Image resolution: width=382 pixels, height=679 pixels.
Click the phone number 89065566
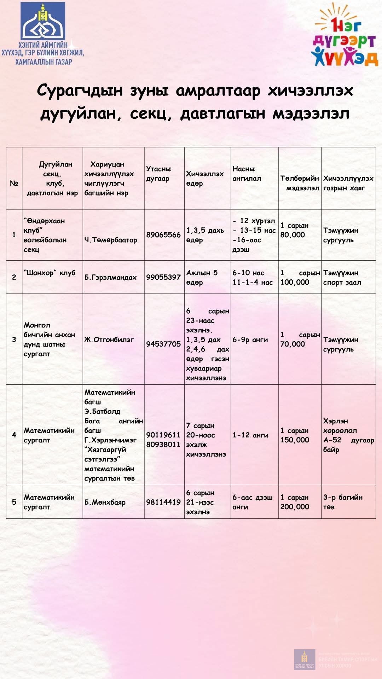click(163, 235)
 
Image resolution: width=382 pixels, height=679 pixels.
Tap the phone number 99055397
click(163, 277)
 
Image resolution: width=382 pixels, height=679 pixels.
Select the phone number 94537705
click(163, 344)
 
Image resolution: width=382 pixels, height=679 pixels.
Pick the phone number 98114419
click(163, 502)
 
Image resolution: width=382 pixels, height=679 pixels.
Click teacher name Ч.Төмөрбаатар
click(111, 240)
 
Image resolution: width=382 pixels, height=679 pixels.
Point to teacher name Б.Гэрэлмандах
click(111, 277)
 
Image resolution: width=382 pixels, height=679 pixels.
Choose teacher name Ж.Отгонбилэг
click(109, 339)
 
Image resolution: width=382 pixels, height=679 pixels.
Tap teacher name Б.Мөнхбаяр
click(105, 502)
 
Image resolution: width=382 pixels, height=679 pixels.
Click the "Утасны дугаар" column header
click(159, 174)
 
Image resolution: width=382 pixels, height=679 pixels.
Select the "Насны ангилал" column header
click(247, 174)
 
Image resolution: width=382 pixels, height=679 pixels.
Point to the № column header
click(14, 183)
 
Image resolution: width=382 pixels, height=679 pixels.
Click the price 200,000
click(295, 507)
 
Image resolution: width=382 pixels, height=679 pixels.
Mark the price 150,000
click(295, 440)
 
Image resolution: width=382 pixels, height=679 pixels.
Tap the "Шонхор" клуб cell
click(50, 273)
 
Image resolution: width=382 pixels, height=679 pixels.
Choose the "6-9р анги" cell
click(250, 339)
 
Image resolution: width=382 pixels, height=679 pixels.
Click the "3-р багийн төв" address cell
click(343, 502)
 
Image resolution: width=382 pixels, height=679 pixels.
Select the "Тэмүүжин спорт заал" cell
click(342, 278)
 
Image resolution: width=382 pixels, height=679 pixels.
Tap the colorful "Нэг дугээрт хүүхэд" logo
click(345, 35)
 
